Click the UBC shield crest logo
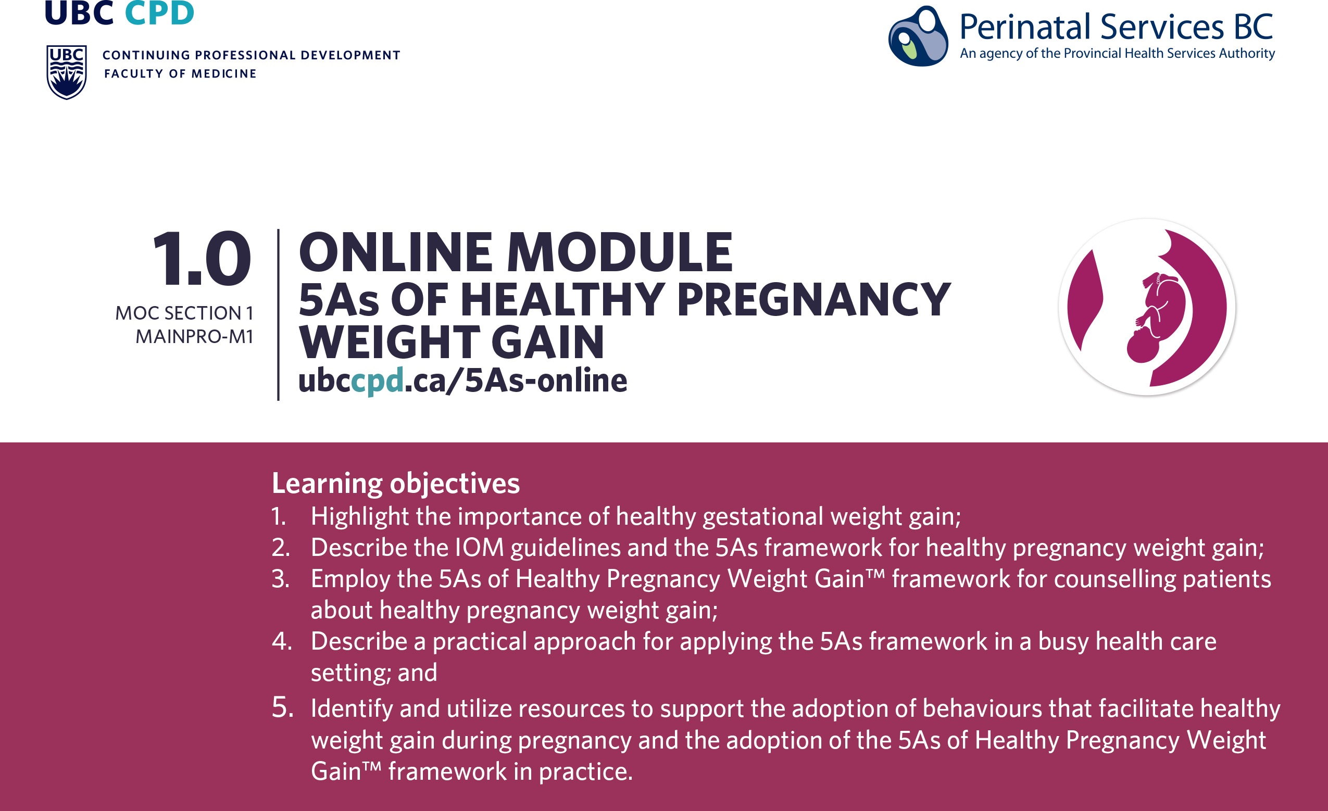67,72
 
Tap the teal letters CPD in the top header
159,12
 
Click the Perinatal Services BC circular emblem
918,35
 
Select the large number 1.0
202,258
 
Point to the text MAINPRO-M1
194,337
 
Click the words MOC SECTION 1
184,313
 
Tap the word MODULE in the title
619,252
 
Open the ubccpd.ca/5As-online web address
463,381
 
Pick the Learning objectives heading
396,483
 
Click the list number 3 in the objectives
280,579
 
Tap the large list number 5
282,707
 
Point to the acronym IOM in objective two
479,548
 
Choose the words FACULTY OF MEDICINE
180,74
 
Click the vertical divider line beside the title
278,315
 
